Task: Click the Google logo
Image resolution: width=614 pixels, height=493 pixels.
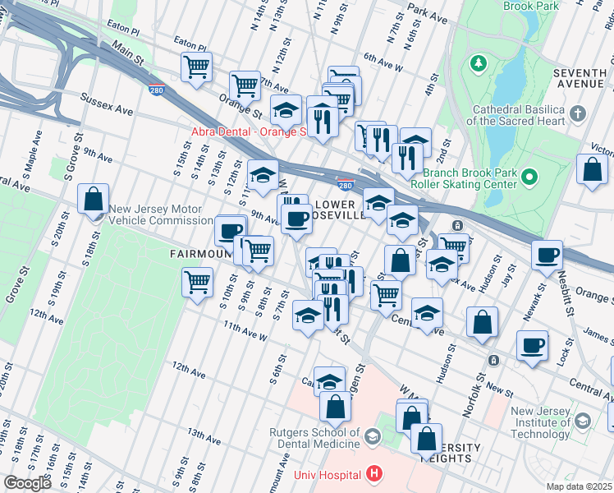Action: [x=27, y=483]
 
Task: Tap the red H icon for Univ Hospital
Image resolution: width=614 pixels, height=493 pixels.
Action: [x=374, y=474]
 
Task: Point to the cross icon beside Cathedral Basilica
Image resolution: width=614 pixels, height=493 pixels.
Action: [x=578, y=113]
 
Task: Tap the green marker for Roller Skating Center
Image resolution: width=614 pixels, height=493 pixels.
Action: [x=529, y=176]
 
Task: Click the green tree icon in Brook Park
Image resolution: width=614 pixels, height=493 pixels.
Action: [x=476, y=63]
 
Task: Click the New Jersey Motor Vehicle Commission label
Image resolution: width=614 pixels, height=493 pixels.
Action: [x=161, y=214]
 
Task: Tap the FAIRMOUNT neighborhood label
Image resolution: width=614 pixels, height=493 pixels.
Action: [x=198, y=254]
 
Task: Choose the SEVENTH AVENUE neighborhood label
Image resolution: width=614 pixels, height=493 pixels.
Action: [x=580, y=79]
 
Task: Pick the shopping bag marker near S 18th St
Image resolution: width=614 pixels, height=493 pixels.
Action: [x=94, y=198]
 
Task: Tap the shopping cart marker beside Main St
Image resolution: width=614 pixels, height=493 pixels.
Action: [x=196, y=68]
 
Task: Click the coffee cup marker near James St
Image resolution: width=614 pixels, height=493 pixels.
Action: [x=532, y=345]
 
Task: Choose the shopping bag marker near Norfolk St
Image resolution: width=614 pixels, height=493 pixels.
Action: [x=482, y=322]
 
